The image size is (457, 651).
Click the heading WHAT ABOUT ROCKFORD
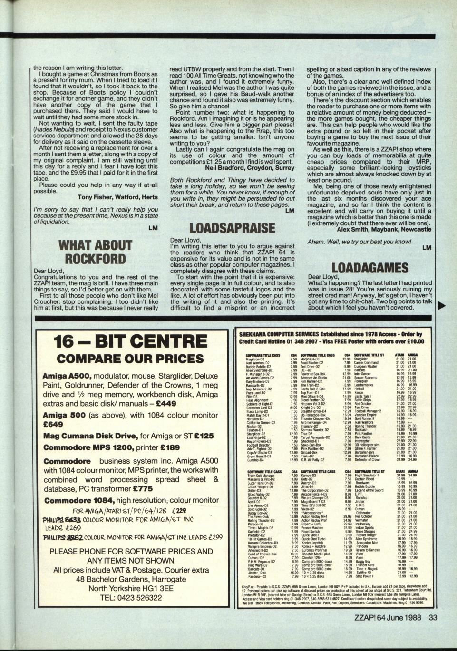tap(96, 252)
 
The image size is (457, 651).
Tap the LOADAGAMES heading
tap(370, 268)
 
